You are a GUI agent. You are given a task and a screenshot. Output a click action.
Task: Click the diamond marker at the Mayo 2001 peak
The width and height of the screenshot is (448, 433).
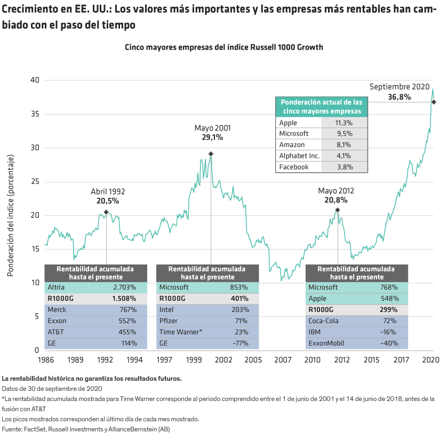(211, 154)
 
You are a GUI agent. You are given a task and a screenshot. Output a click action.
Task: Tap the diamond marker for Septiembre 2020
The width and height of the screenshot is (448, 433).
(434, 102)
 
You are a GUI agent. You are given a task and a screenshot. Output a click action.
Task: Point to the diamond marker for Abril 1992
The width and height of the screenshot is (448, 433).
(106, 212)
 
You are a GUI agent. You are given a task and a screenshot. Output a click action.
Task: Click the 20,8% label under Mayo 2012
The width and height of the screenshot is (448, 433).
(336, 201)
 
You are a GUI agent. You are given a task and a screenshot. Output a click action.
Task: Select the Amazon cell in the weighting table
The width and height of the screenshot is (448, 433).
(292, 145)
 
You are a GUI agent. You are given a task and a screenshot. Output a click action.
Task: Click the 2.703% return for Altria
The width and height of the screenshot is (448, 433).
(125, 287)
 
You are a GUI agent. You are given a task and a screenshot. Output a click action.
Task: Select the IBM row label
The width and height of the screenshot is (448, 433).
(315, 332)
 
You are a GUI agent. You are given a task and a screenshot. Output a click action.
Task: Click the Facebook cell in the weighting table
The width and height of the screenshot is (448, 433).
(294, 167)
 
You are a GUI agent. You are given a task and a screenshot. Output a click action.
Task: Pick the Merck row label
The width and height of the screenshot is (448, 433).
(57, 310)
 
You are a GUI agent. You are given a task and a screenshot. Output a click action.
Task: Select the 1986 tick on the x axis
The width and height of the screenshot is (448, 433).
(45, 360)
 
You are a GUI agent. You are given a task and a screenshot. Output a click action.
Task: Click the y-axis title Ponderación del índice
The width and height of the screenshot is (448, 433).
(10, 215)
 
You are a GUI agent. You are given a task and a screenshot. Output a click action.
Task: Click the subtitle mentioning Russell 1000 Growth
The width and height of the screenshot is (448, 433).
(224, 47)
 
